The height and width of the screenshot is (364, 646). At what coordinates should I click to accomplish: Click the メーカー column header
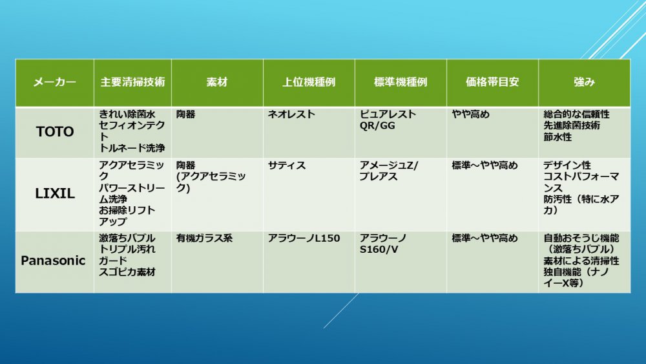54,82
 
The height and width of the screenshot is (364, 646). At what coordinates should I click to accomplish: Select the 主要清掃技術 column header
132,82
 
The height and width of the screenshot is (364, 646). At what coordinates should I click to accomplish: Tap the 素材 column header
217,82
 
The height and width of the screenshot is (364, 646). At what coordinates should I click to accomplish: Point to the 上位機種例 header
309,82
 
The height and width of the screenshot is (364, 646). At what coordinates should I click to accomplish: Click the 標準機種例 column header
401,82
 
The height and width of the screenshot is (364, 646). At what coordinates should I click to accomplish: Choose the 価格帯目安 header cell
492,82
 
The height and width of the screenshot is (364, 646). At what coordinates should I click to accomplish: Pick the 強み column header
584,82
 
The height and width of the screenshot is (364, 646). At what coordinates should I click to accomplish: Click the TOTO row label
55,132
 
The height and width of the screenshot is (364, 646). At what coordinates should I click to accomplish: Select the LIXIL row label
55,193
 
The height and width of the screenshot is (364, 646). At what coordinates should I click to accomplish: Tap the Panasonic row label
53,261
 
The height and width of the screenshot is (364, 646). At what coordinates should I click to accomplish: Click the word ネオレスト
291,114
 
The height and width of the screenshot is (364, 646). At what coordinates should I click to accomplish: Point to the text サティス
287,166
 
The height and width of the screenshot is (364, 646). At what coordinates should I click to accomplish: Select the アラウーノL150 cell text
304,239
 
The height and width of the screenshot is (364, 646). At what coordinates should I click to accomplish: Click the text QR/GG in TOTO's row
377,125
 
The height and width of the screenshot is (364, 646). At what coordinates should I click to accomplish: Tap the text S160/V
379,250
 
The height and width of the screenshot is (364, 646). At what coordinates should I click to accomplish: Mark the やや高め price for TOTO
470,114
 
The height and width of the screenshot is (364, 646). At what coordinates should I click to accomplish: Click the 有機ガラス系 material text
204,239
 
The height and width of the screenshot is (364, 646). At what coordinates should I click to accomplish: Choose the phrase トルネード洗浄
132,148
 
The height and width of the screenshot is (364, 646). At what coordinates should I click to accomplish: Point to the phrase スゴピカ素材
127,272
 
